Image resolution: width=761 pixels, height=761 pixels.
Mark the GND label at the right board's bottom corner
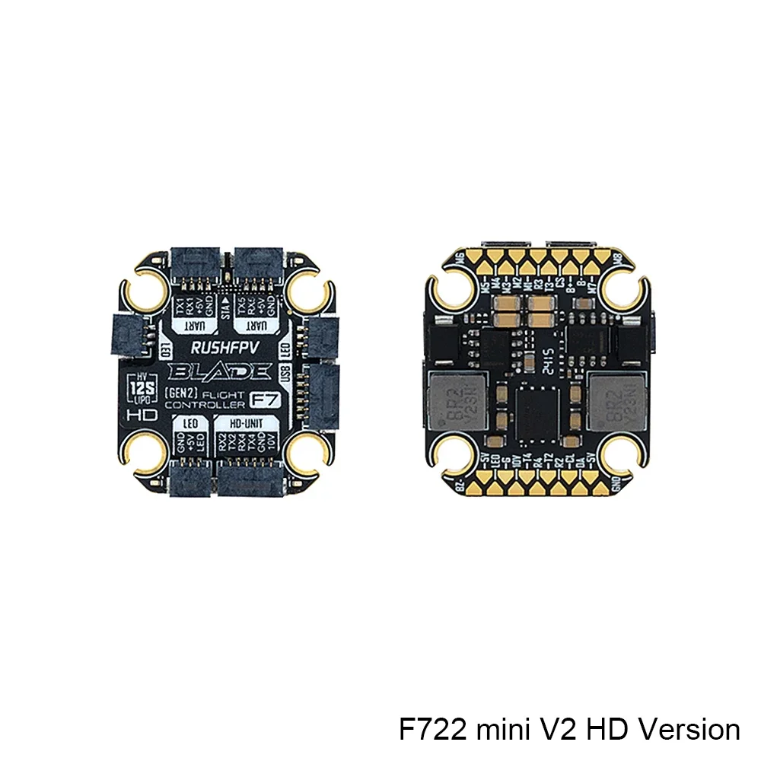click(x=616, y=484)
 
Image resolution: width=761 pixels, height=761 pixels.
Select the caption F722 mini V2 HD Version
click(x=569, y=729)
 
